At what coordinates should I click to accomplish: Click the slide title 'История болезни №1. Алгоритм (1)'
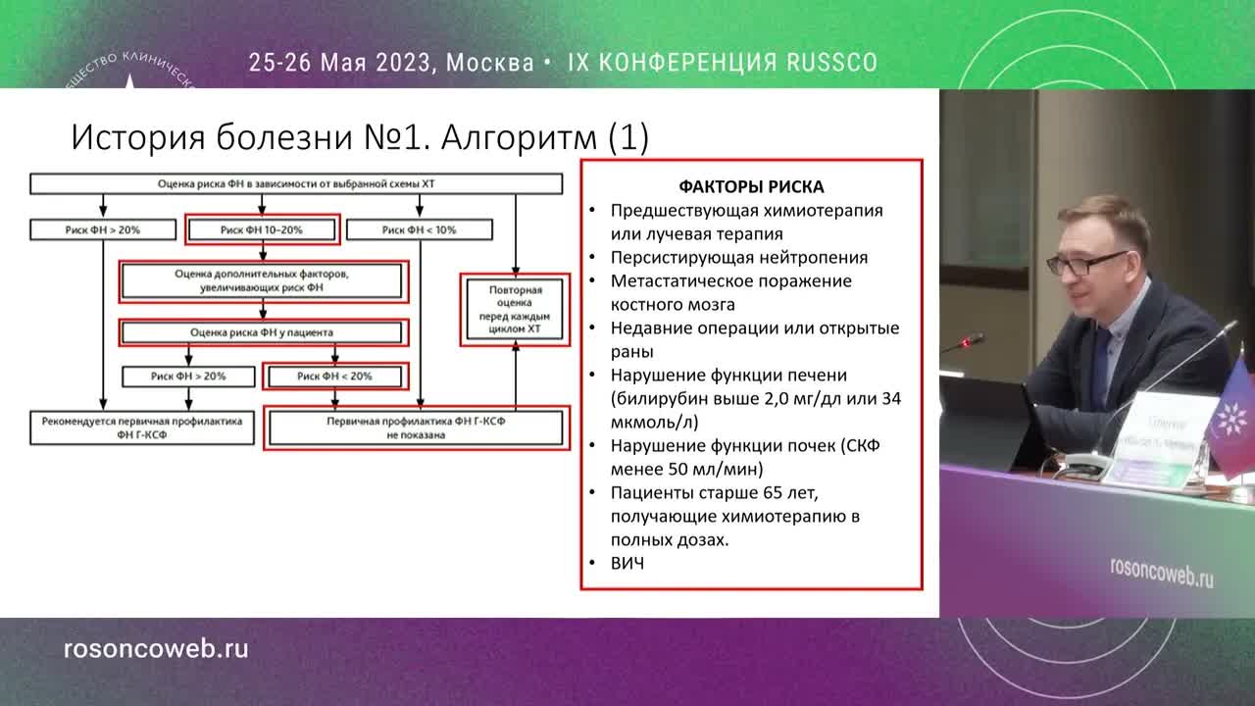click(x=359, y=137)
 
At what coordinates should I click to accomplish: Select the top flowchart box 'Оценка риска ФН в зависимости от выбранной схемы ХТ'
click(x=296, y=183)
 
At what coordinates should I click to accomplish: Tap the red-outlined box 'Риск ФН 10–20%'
click(x=262, y=230)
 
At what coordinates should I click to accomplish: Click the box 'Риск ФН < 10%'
click(x=420, y=230)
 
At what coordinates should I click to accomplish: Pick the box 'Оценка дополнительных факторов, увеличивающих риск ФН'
click(x=261, y=281)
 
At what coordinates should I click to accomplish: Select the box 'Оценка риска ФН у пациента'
click(x=261, y=332)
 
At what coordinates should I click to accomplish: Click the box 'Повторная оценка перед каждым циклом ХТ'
click(x=515, y=310)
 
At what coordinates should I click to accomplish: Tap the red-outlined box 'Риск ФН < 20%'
click(x=335, y=377)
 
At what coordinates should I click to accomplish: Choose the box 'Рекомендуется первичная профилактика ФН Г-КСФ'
click(x=142, y=428)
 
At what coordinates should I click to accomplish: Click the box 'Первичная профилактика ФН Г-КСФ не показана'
click(x=416, y=428)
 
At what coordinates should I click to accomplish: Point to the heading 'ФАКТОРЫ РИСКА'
click(x=751, y=186)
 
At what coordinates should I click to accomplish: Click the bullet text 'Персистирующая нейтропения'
click(x=738, y=258)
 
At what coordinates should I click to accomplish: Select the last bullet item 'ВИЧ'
click(x=627, y=563)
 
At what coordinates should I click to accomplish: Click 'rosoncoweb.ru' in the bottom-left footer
click(x=156, y=648)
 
